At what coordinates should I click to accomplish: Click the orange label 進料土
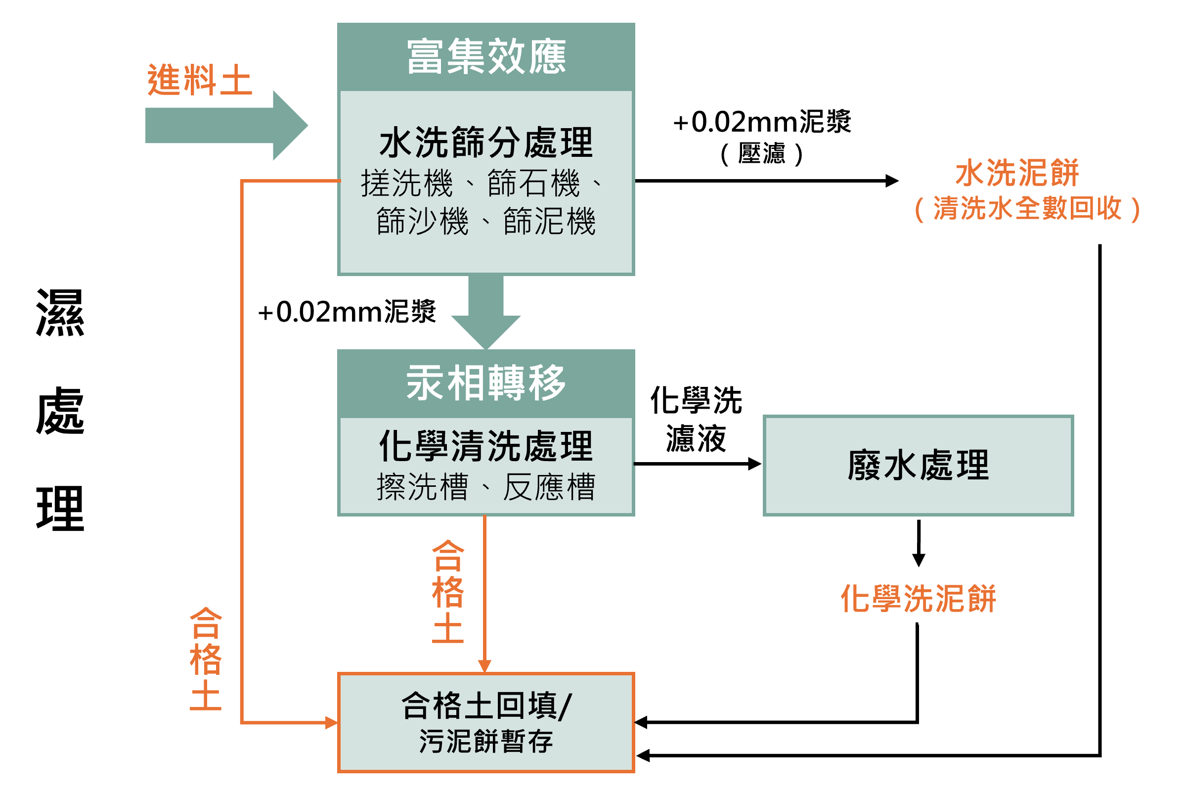(x=199, y=80)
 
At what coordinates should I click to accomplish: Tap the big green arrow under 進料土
(x=224, y=126)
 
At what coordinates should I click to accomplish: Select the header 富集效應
(x=486, y=56)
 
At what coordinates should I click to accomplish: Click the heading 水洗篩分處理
(x=486, y=142)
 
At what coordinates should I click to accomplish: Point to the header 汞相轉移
(x=486, y=383)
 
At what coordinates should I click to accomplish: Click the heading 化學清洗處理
(x=486, y=446)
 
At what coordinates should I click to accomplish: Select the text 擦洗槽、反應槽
(x=486, y=487)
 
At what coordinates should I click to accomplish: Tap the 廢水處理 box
(x=918, y=466)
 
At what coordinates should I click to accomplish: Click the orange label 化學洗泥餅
(x=918, y=599)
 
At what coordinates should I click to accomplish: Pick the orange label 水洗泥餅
(x=1017, y=173)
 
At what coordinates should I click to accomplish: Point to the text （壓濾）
(x=762, y=153)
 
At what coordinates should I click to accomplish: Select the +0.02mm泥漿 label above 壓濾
(x=762, y=122)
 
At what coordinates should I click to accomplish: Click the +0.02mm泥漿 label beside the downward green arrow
(x=347, y=312)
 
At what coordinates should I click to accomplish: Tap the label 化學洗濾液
(x=696, y=420)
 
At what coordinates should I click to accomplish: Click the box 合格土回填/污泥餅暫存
(x=486, y=723)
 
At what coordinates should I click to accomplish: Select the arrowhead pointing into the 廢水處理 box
(x=754, y=464)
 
